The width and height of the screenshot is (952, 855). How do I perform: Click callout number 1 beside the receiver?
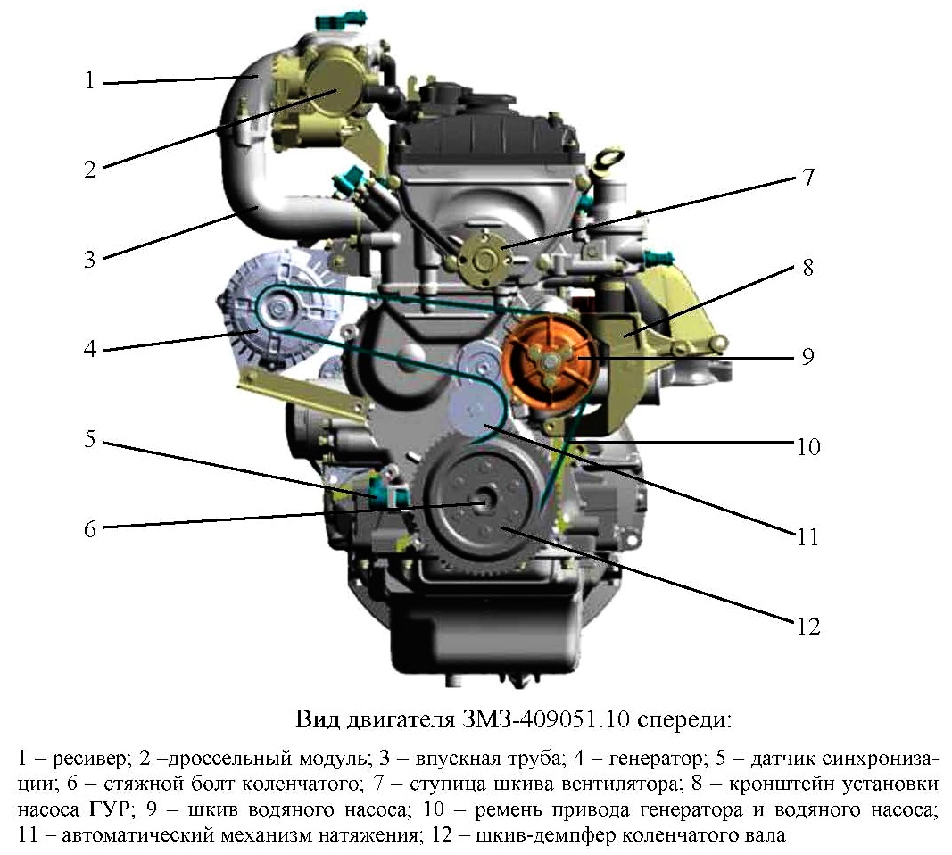[90, 80]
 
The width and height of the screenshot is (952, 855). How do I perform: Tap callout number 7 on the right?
[807, 177]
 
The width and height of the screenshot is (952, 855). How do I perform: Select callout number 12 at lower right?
[808, 626]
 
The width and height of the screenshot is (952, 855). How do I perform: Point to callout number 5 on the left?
[90, 439]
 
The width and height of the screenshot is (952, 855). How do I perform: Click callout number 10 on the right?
[808, 446]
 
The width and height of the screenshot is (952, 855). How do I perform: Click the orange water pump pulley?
[549, 362]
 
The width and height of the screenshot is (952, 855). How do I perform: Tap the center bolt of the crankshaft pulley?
[484, 502]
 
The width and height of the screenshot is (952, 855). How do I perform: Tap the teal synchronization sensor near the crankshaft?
[386, 492]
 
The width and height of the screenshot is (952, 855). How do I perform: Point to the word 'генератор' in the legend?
[655, 759]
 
